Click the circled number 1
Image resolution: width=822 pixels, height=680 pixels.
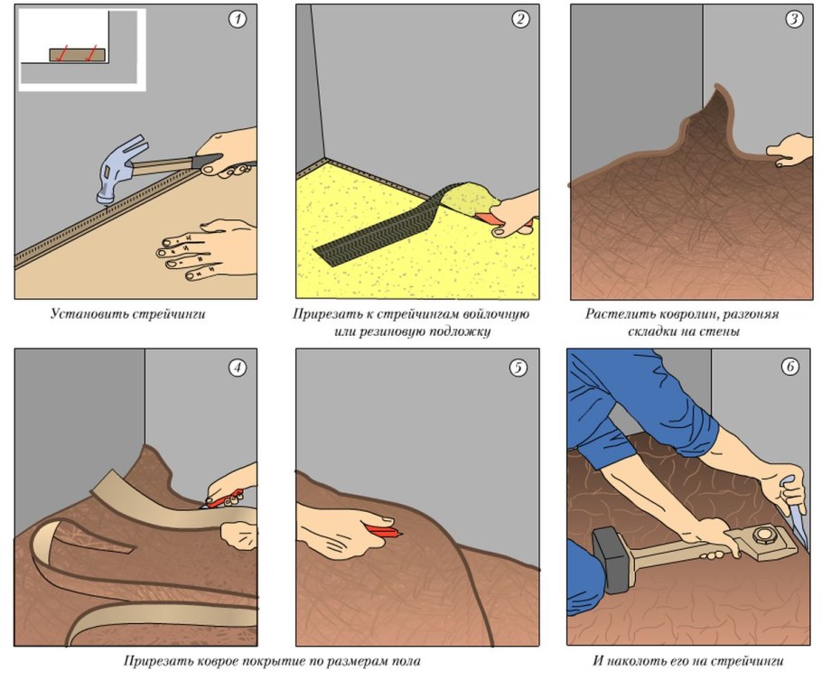click(238, 19)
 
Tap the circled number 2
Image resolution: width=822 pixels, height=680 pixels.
click(520, 19)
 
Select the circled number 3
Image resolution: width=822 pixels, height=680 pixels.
click(794, 19)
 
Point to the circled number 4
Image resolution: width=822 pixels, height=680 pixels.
click(238, 368)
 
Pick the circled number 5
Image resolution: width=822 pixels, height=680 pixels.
click(518, 368)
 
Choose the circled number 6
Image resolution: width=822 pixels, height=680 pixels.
click(790, 367)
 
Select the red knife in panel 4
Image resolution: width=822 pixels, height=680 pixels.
click(224, 499)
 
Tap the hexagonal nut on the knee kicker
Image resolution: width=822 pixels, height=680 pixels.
click(761, 536)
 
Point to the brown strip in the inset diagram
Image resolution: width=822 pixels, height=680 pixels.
click(77, 55)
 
